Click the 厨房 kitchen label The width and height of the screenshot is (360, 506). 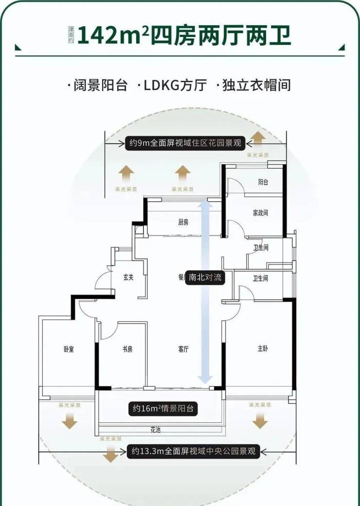point(183,223)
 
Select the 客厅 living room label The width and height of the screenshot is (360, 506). point(183,349)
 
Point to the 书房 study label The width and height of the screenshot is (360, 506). point(127,349)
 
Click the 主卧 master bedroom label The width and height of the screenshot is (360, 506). point(263,349)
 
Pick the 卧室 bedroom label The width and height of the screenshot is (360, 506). point(69,349)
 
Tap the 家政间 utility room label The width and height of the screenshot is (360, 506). point(260,213)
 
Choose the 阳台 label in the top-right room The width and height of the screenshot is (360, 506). point(263,182)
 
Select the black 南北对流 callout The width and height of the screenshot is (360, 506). point(205,278)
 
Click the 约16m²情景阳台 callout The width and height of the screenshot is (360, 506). point(163,408)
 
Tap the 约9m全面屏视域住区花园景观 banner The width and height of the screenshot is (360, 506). point(185,143)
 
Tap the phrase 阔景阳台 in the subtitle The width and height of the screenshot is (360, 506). point(100,86)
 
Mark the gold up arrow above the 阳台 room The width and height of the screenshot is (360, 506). point(258,139)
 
